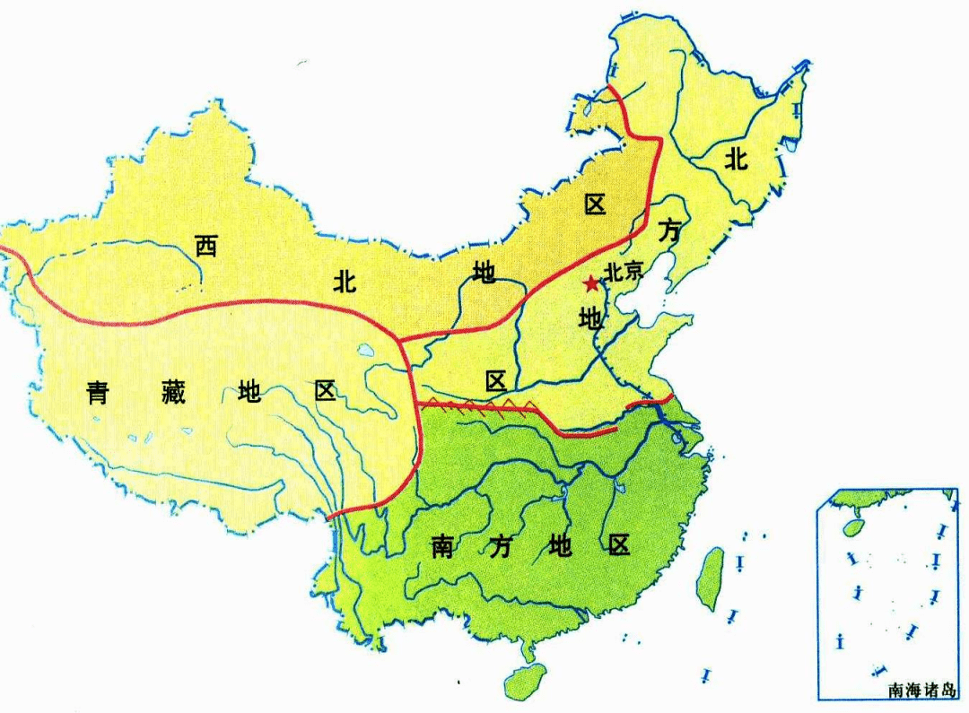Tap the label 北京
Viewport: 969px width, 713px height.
(x=624, y=272)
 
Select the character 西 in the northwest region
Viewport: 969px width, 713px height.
(x=206, y=245)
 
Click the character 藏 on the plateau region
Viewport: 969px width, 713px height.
(x=174, y=392)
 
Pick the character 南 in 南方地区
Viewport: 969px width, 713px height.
(x=442, y=546)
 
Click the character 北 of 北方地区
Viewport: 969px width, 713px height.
(x=737, y=160)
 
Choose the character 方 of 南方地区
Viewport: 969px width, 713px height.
(x=500, y=546)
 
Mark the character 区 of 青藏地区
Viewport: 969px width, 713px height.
(x=325, y=392)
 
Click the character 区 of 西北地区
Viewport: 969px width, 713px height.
(x=595, y=204)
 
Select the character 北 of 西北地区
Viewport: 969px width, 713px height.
(x=345, y=282)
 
